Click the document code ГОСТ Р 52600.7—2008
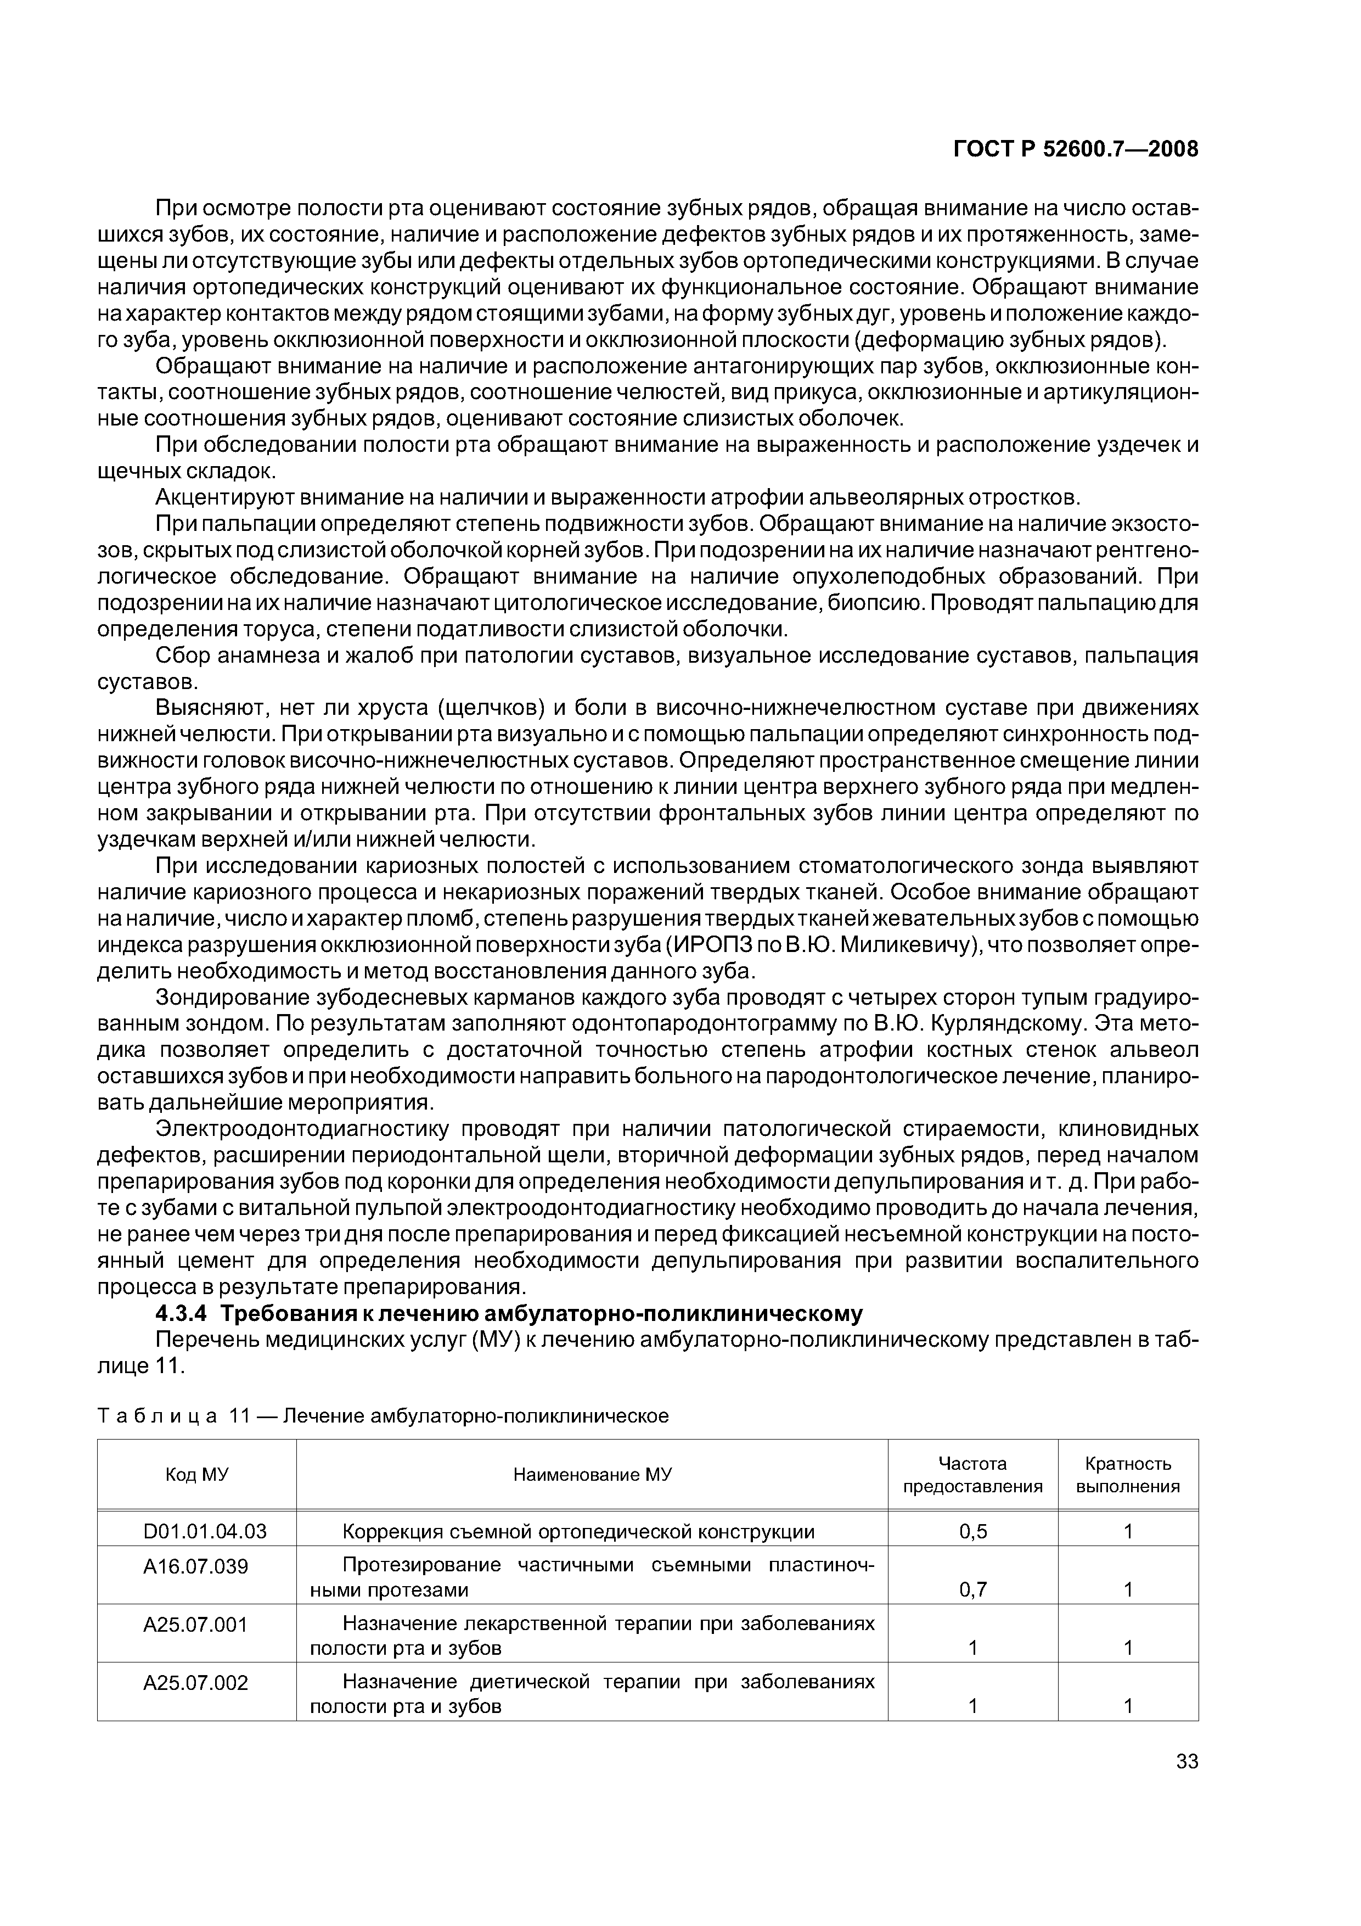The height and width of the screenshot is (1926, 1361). (1076, 149)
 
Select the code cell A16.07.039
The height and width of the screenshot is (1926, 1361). (196, 1566)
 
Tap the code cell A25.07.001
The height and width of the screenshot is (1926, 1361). (196, 1625)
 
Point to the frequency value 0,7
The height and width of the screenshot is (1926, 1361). (973, 1589)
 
